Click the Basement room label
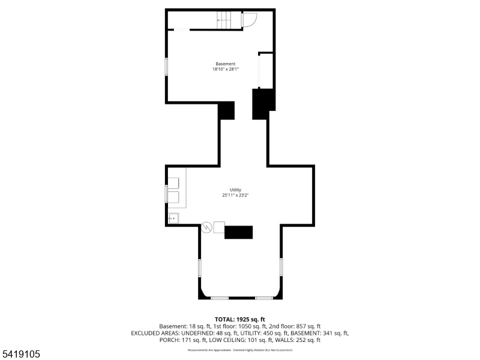click(226, 64)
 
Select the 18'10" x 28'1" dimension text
click(226, 70)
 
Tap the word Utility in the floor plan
click(235, 190)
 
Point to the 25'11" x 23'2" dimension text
click(235, 195)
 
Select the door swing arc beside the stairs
click(250, 20)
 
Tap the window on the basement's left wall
click(167, 67)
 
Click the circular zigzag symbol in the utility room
click(206, 227)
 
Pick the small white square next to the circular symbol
click(219, 227)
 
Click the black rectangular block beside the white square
click(239, 232)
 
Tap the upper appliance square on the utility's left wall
click(173, 183)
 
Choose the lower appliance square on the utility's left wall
click(173, 197)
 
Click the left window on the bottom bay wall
click(220, 298)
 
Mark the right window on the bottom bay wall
click(264, 298)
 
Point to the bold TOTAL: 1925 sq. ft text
click(240, 319)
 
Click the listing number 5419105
click(21, 355)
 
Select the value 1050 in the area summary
click(256, 326)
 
